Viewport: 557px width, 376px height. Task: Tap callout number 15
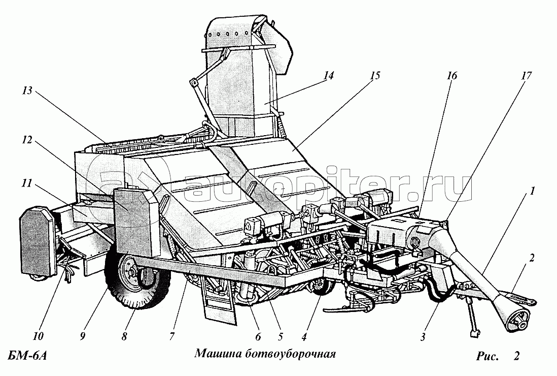(x=374, y=76)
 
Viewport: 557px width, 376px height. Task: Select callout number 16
(x=451, y=76)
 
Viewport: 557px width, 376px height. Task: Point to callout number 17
(x=526, y=76)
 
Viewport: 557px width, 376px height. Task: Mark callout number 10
(x=39, y=336)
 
